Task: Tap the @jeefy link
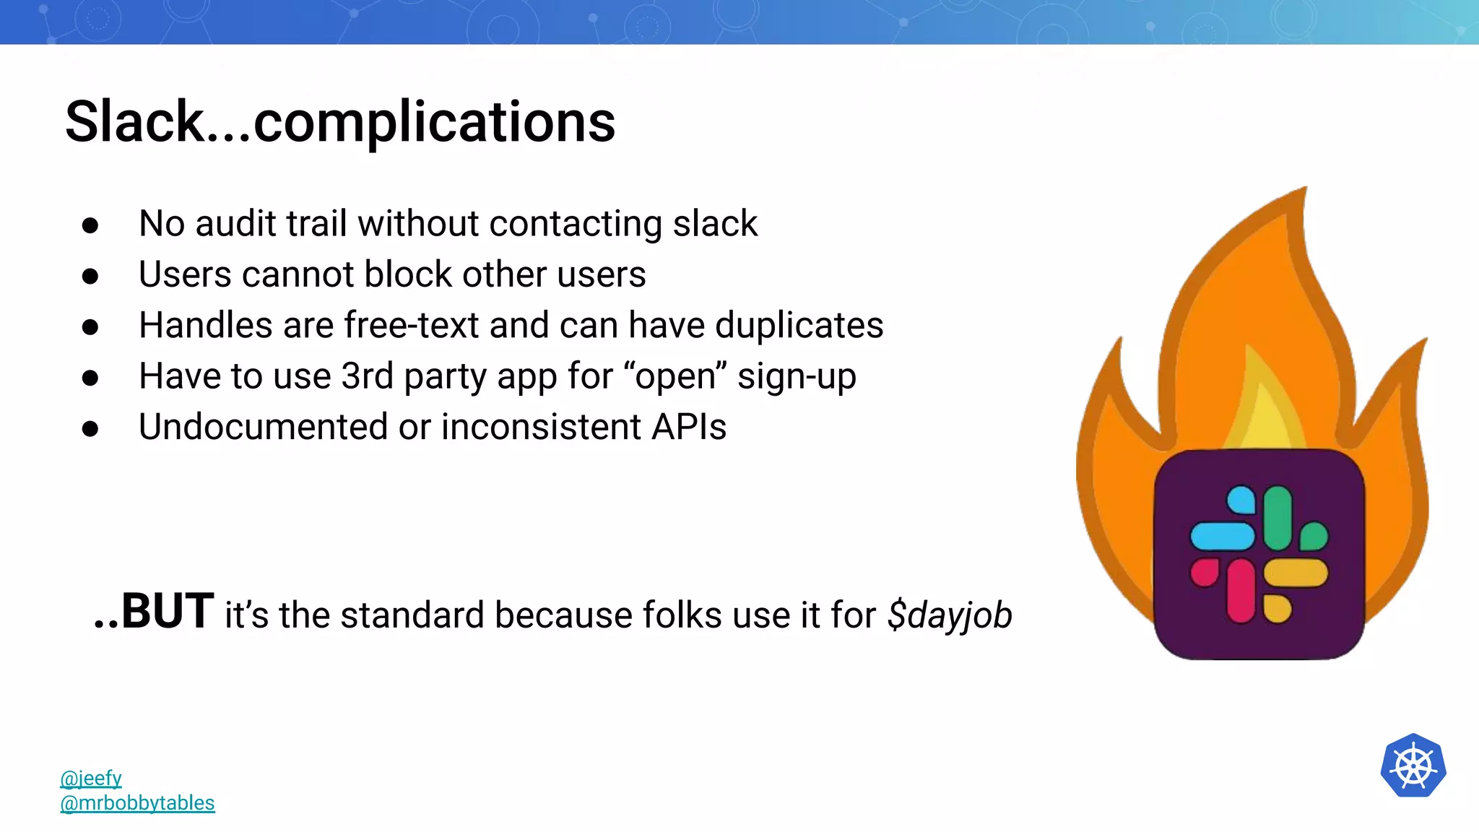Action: (x=91, y=778)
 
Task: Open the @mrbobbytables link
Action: (x=137, y=802)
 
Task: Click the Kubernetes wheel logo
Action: (x=1413, y=766)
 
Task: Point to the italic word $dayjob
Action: (x=950, y=615)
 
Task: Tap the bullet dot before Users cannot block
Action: (x=90, y=276)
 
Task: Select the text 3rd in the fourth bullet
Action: (x=367, y=376)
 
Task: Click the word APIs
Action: (x=689, y=427)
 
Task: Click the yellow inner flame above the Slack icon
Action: (x=1264, y=412)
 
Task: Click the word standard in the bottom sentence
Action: (x=412, y=615)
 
